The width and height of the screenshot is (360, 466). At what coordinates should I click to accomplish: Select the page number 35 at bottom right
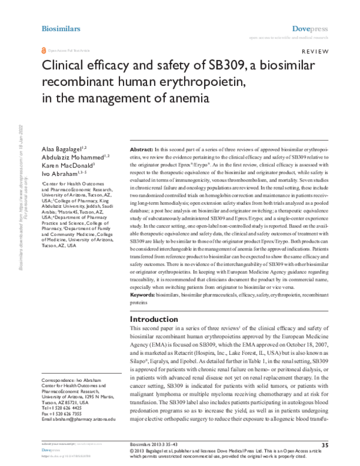click(x=325, y=444)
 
